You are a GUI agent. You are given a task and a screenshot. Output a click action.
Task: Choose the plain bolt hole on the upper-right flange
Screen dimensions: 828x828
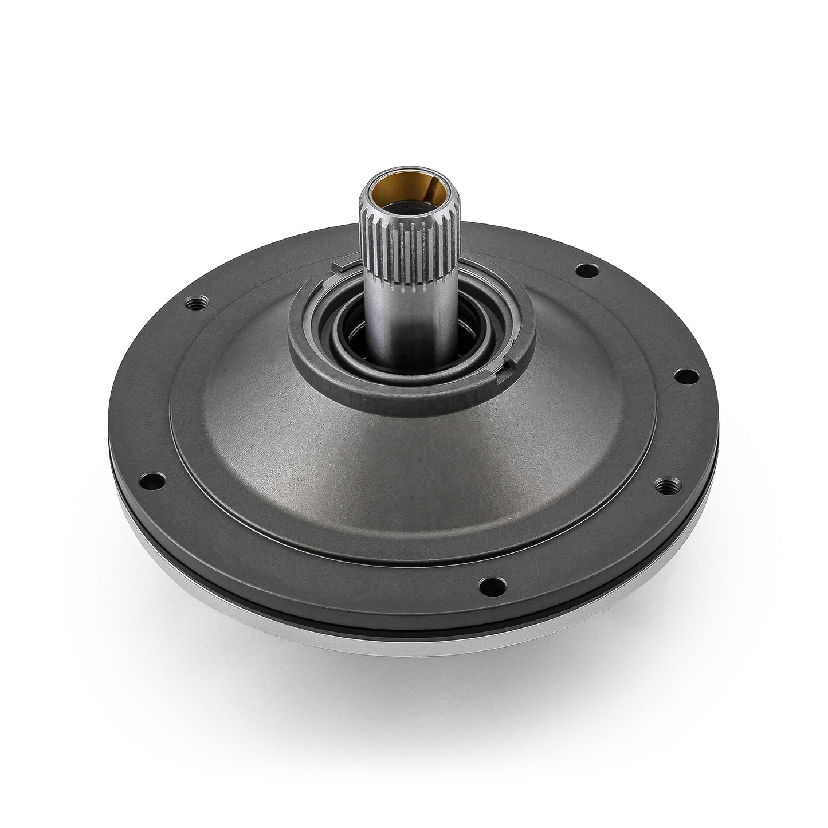pos(584,268)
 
